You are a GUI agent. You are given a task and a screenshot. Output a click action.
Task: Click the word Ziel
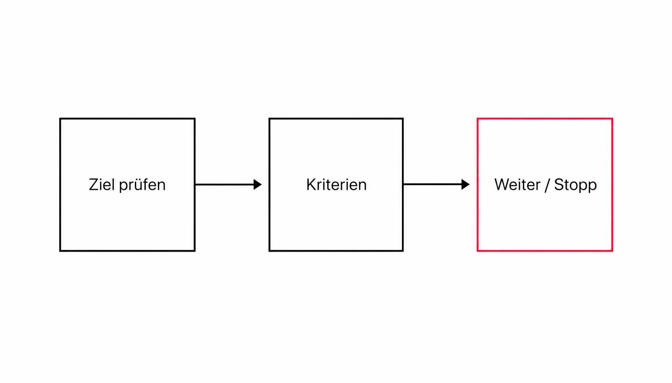click(102, 184)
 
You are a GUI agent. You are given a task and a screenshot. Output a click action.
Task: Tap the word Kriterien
click(336, 184)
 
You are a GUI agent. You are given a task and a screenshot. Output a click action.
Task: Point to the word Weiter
click(517, 184)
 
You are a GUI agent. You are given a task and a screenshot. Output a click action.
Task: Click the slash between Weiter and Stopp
click(547, 185)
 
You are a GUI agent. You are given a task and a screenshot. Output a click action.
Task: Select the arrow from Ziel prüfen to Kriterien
click(228, 184)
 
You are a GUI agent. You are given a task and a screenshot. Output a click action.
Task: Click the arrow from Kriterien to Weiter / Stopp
click(436, 184)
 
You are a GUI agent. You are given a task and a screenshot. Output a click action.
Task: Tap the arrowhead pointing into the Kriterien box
click(257, 184)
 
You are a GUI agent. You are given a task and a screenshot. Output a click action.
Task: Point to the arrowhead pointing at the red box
click(465, 184)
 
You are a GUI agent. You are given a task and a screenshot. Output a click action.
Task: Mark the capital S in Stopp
click(559, 184)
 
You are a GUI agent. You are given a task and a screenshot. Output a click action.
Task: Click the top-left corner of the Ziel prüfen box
click(60, 118)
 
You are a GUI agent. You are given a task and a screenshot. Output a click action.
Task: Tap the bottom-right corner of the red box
click(612, 251)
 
